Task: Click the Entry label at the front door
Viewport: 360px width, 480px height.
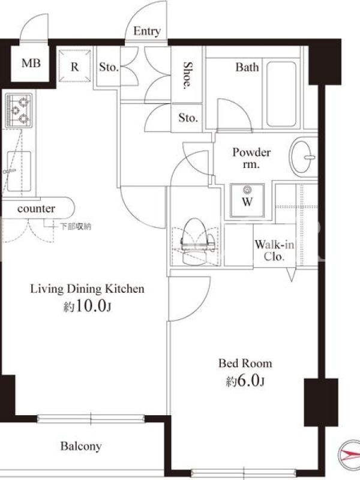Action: (147, 31)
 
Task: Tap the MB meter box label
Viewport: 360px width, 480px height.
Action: (31, 64)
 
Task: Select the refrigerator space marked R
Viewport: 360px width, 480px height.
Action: (74, 66)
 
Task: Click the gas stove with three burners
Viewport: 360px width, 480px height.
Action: (19, 110)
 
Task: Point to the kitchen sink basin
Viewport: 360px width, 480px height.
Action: (19, 171)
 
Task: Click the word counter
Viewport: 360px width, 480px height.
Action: (36, 209)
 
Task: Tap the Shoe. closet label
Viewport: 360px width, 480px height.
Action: (187, 76)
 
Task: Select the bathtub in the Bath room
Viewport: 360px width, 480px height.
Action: (281, 94)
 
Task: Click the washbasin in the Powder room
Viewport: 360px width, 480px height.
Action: (302, 157)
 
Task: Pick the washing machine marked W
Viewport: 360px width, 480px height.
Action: (247, 200)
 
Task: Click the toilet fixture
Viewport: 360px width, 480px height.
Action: (196, 241)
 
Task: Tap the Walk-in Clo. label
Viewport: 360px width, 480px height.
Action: (274, 250)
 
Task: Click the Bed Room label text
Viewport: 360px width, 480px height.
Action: (245, 364)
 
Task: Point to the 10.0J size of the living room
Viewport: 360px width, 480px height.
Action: (87, 306)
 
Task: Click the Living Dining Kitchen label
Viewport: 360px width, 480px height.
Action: (87, 289)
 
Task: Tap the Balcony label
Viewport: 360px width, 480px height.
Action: (81, 446)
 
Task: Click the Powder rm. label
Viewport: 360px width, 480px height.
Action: (251, 158)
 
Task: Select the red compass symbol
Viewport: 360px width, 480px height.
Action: (350, 455)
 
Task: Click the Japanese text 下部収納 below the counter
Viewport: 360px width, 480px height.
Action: (76, 227)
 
